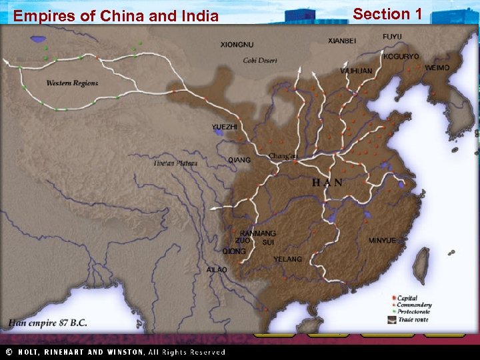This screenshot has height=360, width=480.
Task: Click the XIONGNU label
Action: tap(237, 45)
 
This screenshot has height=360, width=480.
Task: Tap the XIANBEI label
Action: tap(342, 41)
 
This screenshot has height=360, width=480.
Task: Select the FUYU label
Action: tap(392, 35)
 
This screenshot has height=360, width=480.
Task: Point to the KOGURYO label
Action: tap(401, 57)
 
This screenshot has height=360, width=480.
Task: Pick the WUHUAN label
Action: tap(356, 70)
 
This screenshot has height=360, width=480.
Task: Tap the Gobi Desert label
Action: tap(260, 61)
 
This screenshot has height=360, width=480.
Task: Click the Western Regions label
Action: tap(72, 83)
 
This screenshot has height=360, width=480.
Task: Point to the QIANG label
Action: tap(239, 160)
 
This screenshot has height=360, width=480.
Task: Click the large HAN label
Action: tap(328, 182)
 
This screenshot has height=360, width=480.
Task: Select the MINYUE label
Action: tap(382, 240)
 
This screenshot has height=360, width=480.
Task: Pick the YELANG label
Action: tap(287, 259)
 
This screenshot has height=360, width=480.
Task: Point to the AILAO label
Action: tap(217, 269)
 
